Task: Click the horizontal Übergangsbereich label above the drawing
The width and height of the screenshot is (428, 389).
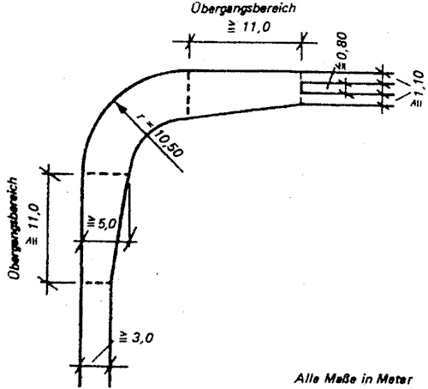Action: (x=243, y=8)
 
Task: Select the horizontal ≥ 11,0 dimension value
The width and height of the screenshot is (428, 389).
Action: (x=249, y=27)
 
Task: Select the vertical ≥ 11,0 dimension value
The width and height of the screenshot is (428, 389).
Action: (x=33, y=224)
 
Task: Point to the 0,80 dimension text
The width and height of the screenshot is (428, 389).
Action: (x=342, y=51)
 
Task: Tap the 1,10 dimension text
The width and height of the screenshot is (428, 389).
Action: (x=418, y=88)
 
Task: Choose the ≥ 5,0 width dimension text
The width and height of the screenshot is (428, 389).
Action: (x=102, y=224)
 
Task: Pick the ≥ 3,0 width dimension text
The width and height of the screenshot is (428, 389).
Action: (x=136, y=338)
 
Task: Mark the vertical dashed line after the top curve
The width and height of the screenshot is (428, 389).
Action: (x=188, y=93)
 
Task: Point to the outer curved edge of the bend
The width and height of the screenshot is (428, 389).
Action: (x=114, y=100)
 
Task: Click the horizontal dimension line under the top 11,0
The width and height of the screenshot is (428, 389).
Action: (x=245, y=42)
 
